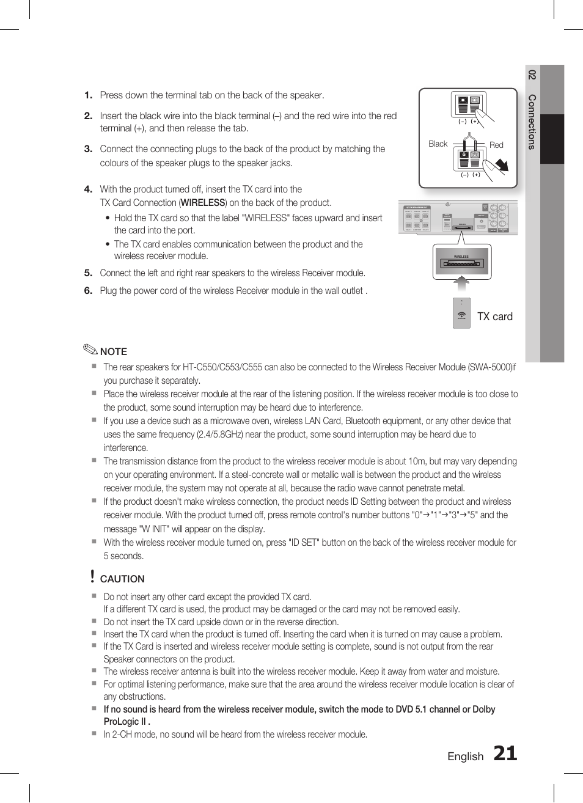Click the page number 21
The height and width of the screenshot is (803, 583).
[x=505, y=754]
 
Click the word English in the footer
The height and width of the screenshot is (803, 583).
[x=465, y=757]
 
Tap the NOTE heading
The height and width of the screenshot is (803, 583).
[x=114, y=351]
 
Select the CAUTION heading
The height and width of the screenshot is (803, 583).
[x=122, y=579]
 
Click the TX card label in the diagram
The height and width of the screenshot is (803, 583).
[x=494, y=317]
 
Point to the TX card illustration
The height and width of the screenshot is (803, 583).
[x=462, y=313]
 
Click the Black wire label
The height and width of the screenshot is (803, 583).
[x=438, y=144]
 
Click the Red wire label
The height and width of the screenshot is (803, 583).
[x=496, y=145]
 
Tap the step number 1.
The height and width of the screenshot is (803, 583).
[x=88, y=95]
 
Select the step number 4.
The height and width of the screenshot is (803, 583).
[x=88, y=189]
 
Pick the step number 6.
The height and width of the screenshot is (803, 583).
[x=88, y=291]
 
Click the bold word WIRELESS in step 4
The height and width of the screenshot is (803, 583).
[x=203, y=203]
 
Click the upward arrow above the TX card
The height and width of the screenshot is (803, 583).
[x=462, y=283]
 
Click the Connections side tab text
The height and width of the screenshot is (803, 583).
[x=532, y=122]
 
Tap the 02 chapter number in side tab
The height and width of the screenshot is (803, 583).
[x=532, y=75]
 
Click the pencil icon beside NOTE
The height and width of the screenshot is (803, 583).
[x=90, y=350]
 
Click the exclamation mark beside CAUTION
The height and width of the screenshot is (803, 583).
[x=92, y=576]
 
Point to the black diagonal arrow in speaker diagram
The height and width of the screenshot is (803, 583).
[x=501, y=165]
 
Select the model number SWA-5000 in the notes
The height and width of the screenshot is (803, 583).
[x=491, y=367]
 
